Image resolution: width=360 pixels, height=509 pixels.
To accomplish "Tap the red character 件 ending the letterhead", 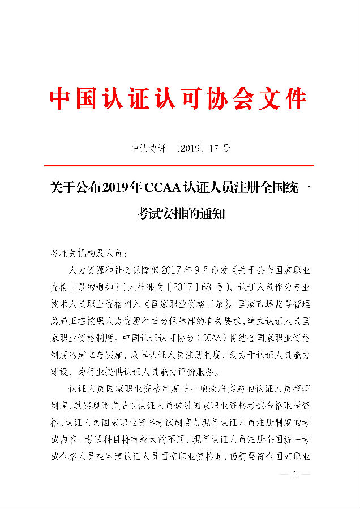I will [x=294, y=99].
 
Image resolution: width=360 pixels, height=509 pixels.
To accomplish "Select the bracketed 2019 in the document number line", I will [x=182, y=149].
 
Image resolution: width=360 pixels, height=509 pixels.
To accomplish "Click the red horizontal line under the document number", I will [x=179, y=166].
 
